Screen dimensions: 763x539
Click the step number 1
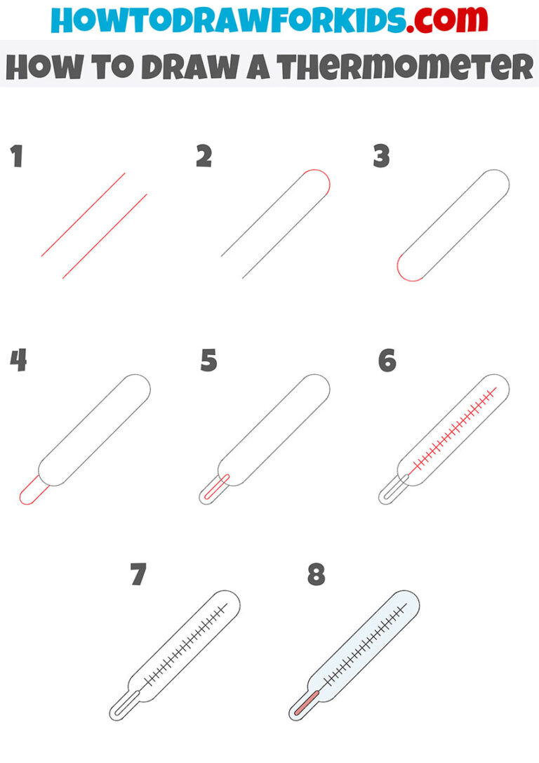17,157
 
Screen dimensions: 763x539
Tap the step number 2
204,157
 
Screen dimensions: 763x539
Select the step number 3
381,157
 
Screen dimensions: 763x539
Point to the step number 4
18,361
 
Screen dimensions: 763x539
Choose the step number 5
208,361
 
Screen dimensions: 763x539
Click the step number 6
387,361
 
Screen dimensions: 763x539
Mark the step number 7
138,574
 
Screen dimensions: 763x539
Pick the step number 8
317,574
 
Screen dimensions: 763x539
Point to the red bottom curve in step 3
405,274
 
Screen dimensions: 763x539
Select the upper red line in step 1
83,214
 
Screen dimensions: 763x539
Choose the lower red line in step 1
105,236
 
